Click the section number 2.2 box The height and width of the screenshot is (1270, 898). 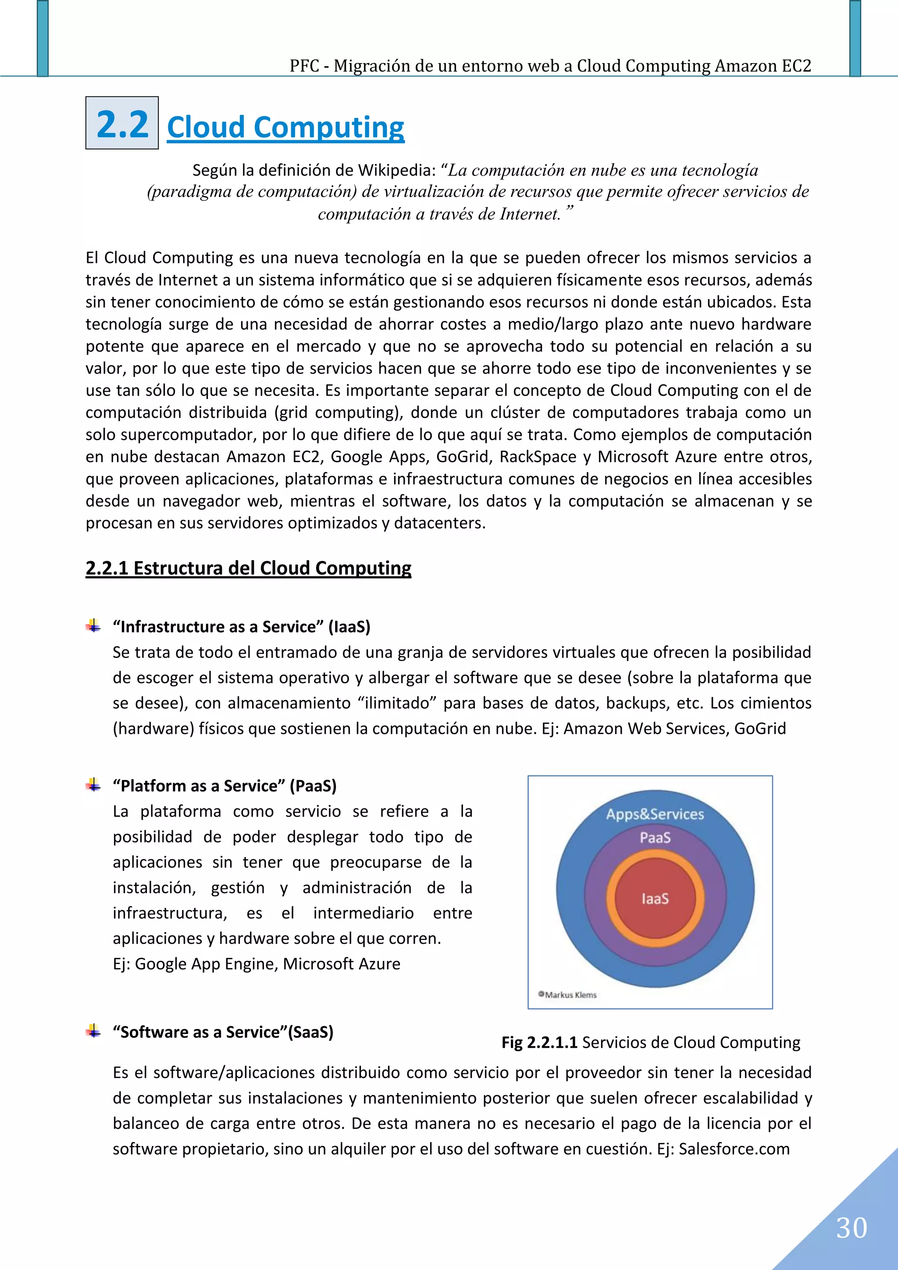click(122, 123)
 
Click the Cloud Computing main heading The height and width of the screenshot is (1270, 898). click(285, 127)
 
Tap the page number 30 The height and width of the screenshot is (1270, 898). click(851, 1228)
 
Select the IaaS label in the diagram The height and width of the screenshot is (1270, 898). click(655, 899)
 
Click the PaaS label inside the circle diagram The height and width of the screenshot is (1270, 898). click(655, 837)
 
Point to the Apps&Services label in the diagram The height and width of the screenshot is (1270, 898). click(655, 814)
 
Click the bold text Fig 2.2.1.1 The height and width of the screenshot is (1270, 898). click(539, 1042)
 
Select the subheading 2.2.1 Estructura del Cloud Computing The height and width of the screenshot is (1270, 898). click(249, 568)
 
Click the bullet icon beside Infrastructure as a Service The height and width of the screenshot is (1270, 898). click(93, 626)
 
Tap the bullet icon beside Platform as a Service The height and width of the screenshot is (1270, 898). click(93, 785)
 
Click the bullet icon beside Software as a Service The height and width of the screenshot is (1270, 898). click(93, 1031)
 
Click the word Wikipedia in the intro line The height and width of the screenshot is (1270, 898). click(397, 171)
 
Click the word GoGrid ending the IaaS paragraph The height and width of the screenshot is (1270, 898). click(760, 729)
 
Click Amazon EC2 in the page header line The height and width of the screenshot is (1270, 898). click(763, 66)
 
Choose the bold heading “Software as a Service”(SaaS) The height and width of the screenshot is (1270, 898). click(223, 1032)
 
